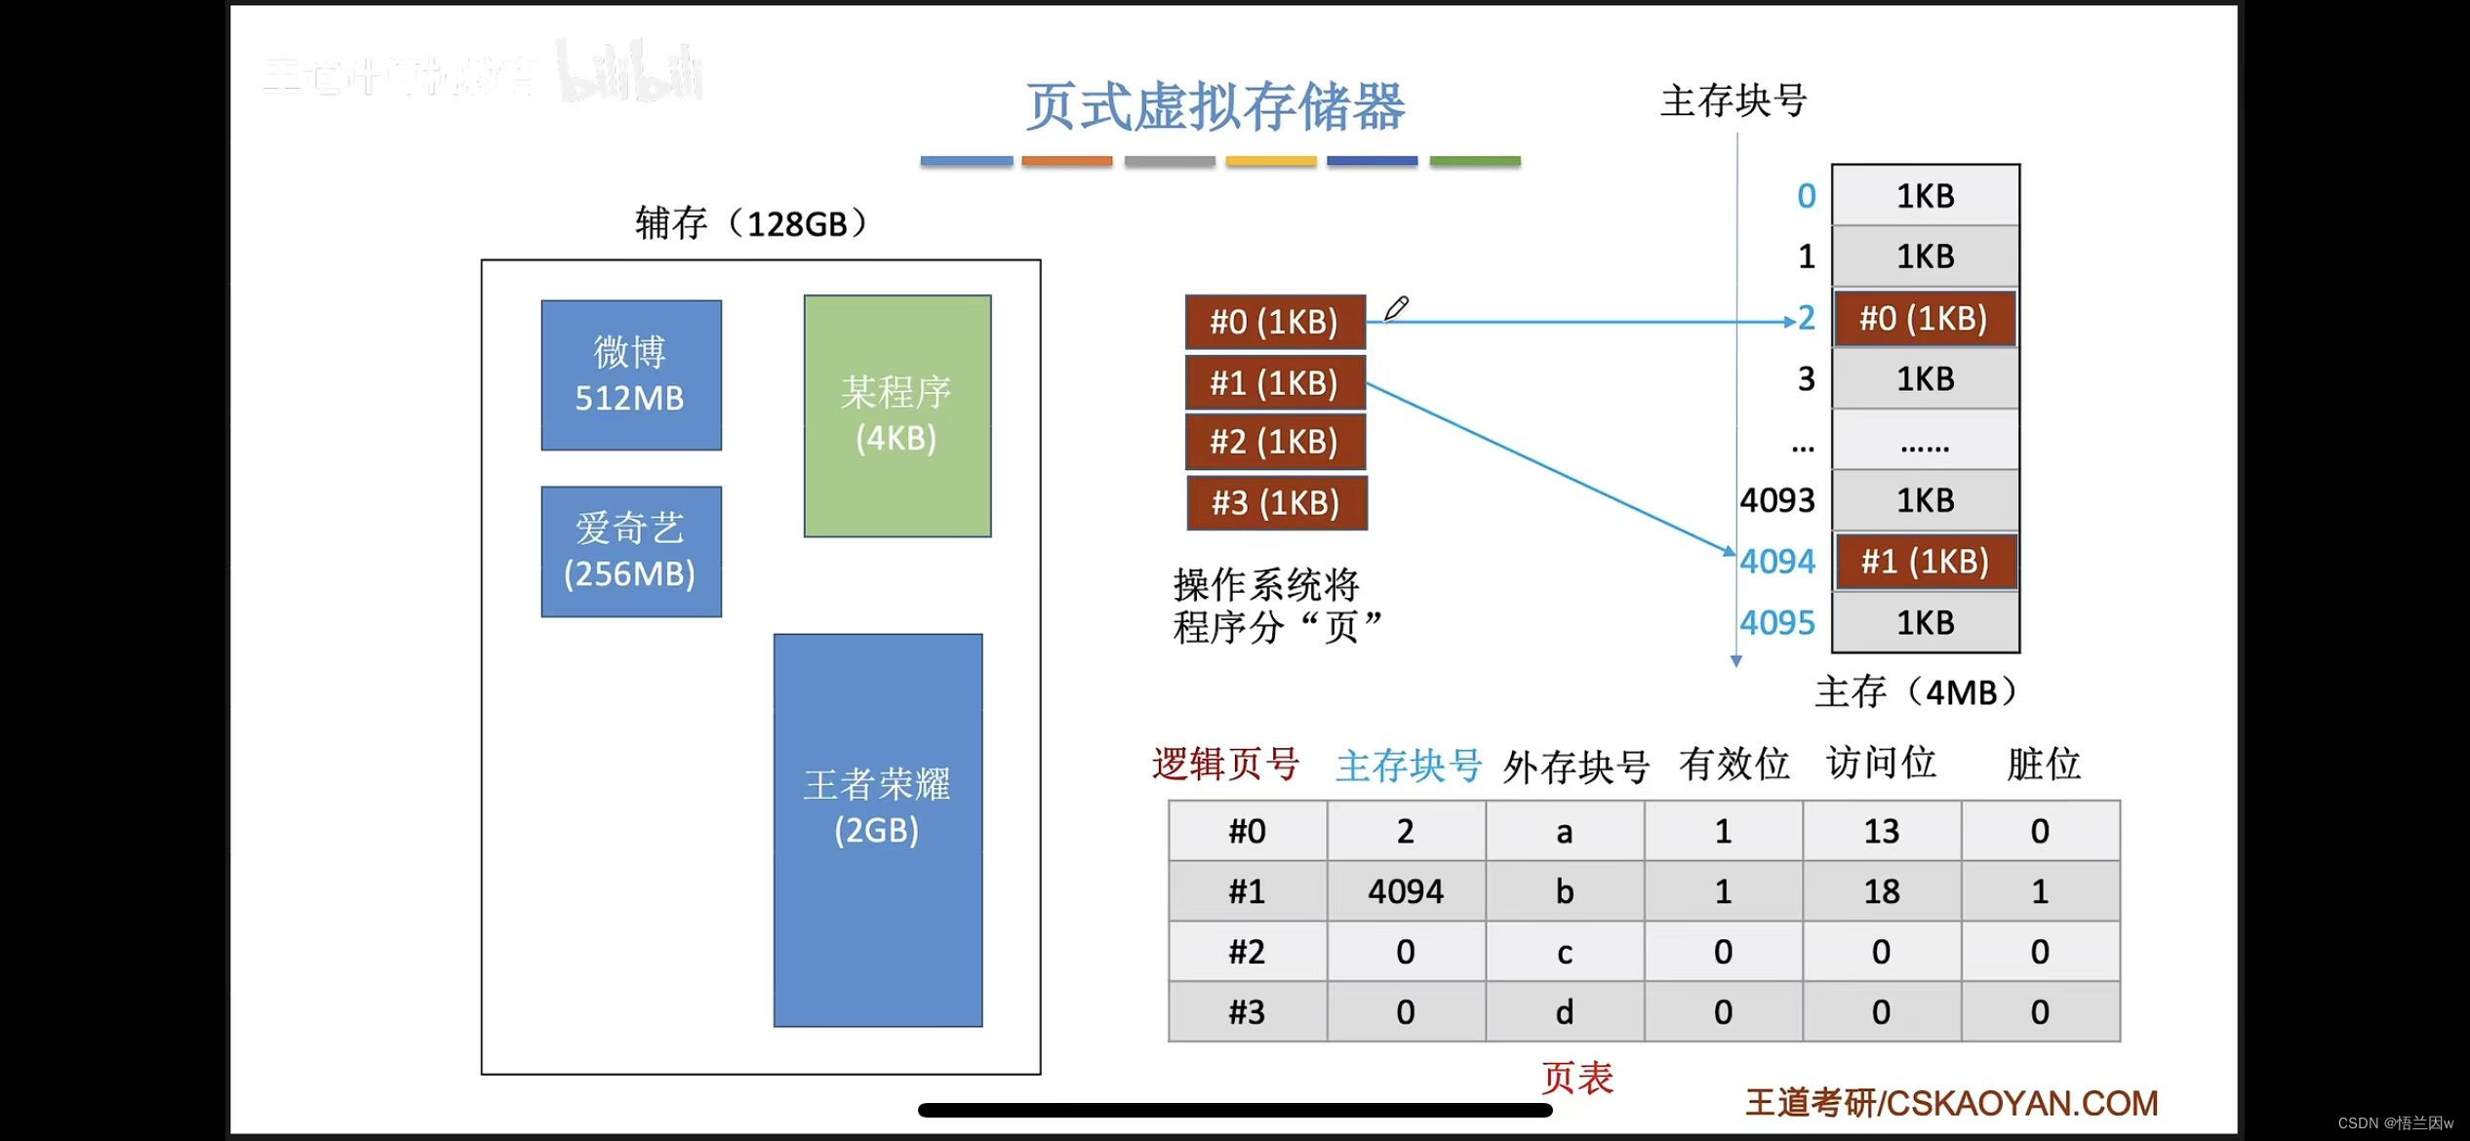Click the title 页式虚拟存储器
point(1215,106)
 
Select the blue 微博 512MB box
point(631,374)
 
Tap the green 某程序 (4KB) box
point(896,415)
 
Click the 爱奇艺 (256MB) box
point(631,551)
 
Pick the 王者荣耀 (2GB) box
point(877,829)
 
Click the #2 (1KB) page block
point(1275,442)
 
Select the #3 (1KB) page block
point(1276,503)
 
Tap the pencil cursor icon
point(1396,308)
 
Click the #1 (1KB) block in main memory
point(1925,562)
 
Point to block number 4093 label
point(1777,500)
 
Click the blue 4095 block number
point(1777,622)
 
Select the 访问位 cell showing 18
point(1881,891)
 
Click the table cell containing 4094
point(1405,891)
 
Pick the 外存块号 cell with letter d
point(1564,1012)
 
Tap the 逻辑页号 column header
point(1225,764)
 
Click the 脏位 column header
point(2043,764)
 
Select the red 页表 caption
point(1576,1078)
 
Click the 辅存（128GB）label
point(750,223)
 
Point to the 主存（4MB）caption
point(1915,691)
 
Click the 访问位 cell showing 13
point(1881,831)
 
